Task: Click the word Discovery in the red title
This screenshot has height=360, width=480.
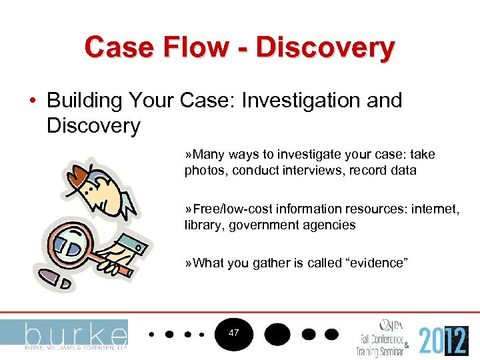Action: [x=325, y=47]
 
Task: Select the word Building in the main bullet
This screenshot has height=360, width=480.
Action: [x=88, y=101]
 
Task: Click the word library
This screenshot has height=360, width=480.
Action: [x=203, y=225]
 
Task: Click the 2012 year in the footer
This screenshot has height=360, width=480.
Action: [x=443, y=340]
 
